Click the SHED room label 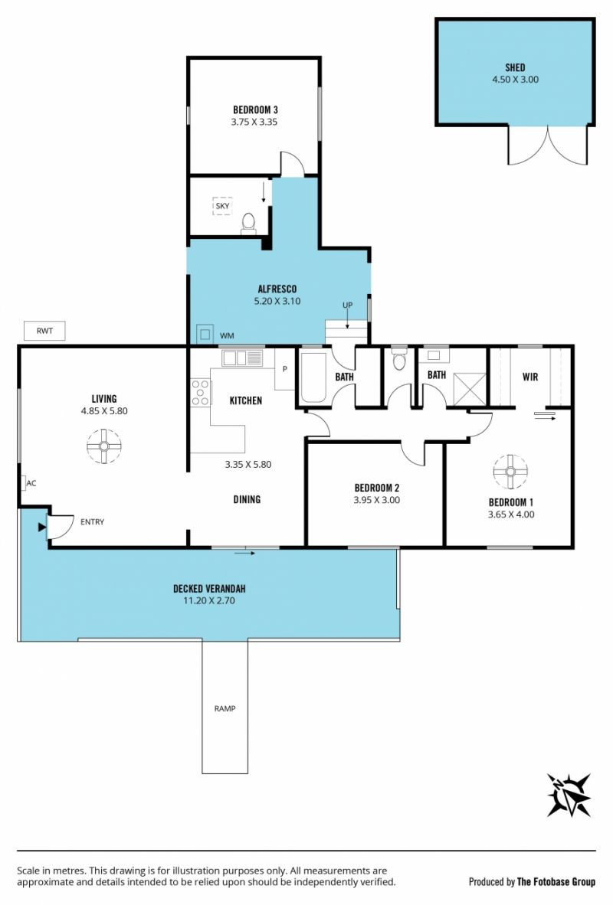tap(515, 67)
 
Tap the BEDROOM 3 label tap(255, 109)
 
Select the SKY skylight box tap(222, 206)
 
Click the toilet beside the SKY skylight tap(248, 224)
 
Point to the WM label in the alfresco tap(227, 335)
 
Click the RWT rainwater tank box tap(44, 331)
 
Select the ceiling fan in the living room tap(104, 446)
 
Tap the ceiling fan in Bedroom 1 tap(510, 472)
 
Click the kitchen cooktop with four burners tap(201, 393)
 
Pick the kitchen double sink tap(243, 358)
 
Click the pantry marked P tap(285, 369)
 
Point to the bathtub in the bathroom tap(313, 377)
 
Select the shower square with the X tap(470, 390)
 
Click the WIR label tap(529, 377)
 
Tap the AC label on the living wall tap(31, 483)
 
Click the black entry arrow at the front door tap(41, 527)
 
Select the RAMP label tap(225, 708)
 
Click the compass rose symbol tap(569, 796)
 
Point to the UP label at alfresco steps tap(347, 305)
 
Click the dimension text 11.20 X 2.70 tap(208, 600)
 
